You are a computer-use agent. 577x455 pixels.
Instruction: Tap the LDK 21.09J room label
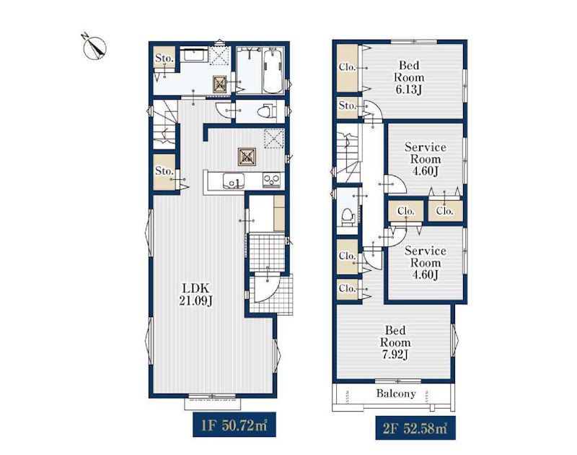point(195,294)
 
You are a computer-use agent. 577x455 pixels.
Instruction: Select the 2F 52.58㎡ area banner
point(415,428)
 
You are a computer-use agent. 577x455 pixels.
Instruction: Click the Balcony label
point(396,393)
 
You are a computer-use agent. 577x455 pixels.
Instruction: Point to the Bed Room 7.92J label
point(395,342)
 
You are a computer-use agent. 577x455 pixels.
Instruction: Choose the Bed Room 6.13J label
point(409,77)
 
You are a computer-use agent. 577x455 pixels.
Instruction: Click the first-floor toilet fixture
point(265,110)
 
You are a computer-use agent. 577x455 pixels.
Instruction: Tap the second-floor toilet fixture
point(348,216)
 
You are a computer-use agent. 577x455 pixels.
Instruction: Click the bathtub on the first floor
point(274,71)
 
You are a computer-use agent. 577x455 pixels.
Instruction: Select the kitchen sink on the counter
point(233,181)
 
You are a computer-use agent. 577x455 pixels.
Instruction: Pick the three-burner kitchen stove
point(272,181)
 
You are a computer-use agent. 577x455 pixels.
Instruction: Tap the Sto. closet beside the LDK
point(164,172)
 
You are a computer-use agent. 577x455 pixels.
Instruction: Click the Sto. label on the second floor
point(348,106)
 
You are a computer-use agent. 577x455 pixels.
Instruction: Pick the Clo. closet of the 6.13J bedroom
point(348,68)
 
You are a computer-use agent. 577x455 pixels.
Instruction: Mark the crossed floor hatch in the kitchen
point(247,157)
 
